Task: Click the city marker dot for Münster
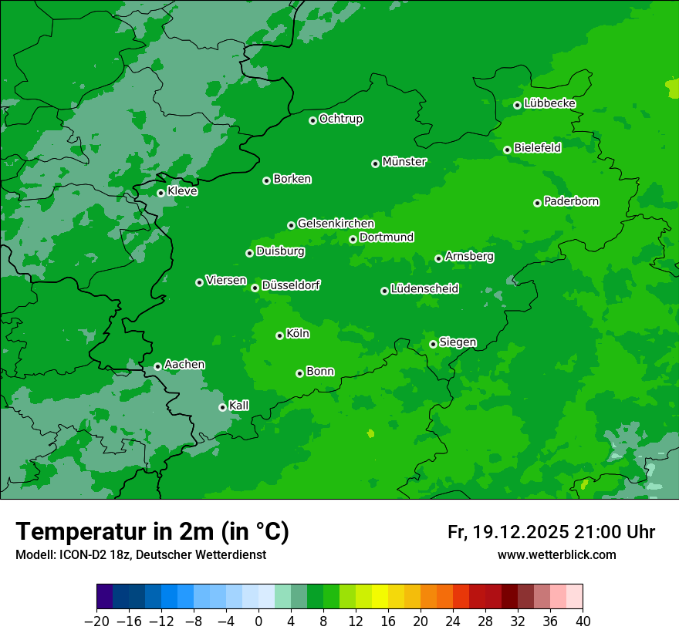pyautogui.click(x=376, y=163)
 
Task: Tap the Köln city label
pyautogui.click(x=298, y=334)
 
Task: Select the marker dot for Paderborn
pyautogui.click(x=538, y=203)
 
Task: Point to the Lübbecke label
pyautogui.click(x=549, y=103)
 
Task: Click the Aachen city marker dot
pyautogui.click(x=158, y=366)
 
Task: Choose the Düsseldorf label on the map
pyautogui.click(x=291, y=285)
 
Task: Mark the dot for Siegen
pyautogui.click(x=434, y=344)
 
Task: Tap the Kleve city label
pyautogui.click(x=182, y=191)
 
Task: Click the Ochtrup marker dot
pyautogui.click(x=313, y=120)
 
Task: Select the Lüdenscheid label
pyautogui.click(x=424, y=289)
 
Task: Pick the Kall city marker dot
pyautogui.click(x=223, y=407)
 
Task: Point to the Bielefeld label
pyautogui.click(x=537, y=147)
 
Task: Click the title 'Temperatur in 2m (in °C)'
pyautogui.click(x=152, y=531)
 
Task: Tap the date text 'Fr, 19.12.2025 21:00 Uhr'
pyautogui.click(x=551, y=532)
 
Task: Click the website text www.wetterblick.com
pyautogui.click(x=556, y=554)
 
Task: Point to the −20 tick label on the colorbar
pyautogui.click(x=96, y=621)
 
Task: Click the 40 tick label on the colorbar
pyautogui.click(x=582, y=621)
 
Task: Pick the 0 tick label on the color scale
pyautogui.click(x=258, y=621)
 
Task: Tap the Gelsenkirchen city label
pyautogui.click(x=336, y=224)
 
